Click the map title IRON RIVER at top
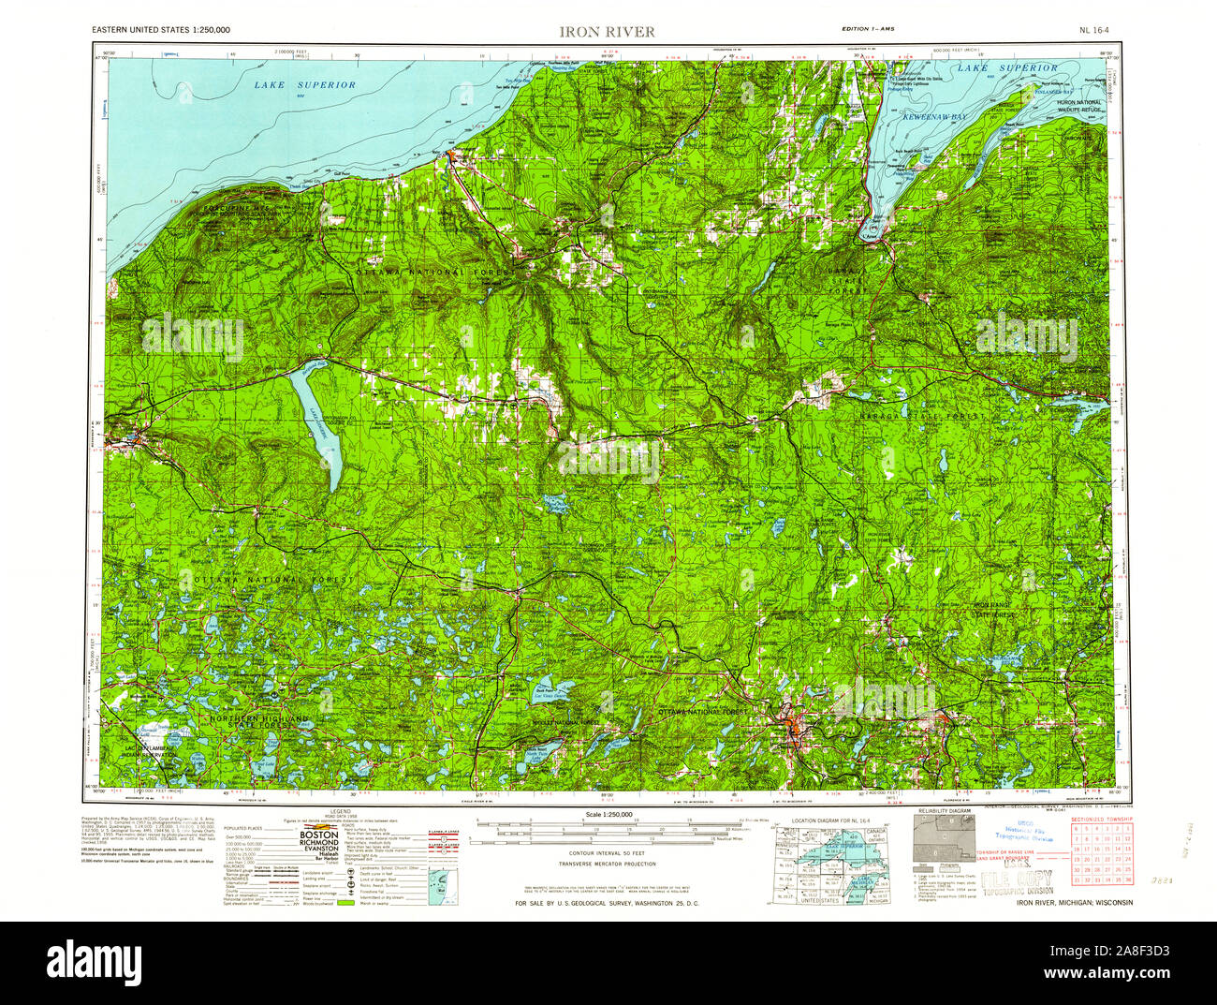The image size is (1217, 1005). click(x=607, y=31)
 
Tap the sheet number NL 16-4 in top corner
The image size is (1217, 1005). click(x=1094, y=31)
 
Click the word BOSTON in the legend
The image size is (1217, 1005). click(x=321, y=834)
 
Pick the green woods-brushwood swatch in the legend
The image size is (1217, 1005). click(x=345, y=904)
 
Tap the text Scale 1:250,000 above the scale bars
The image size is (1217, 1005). click(x=608, y=815)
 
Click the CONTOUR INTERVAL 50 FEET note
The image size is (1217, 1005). click(x=608, y=854)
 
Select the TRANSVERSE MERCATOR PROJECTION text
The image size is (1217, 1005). click(x=608, y=864)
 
